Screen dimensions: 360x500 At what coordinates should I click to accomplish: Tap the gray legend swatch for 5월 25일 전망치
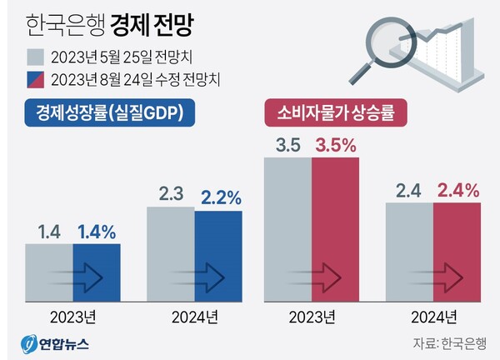pos(36,57)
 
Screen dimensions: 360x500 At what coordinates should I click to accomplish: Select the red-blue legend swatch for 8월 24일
pos(36,79)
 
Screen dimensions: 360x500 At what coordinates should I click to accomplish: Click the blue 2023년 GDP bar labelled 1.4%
pos(97,272)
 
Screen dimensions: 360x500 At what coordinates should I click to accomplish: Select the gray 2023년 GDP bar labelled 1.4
pos(48,272)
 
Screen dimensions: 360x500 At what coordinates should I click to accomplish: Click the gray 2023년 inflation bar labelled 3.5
pos(287,229)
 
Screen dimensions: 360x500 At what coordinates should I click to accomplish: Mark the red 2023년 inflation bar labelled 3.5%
pos(336,229)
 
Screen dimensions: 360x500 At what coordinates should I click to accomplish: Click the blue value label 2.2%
pos(221,197)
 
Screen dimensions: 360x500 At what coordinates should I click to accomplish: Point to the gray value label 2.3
pos(171,195)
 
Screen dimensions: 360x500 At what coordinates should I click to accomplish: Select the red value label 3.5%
pos(336,145)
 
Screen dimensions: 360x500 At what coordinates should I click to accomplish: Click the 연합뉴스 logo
pos(55,342)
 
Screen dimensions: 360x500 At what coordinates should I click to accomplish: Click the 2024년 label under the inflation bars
pos(433,317)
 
